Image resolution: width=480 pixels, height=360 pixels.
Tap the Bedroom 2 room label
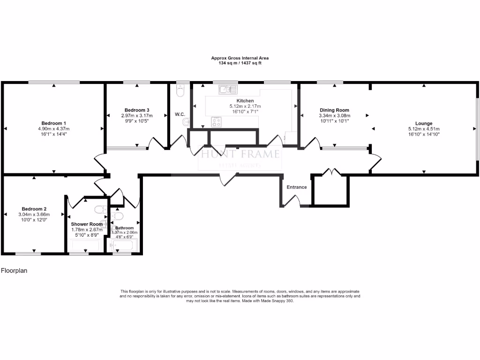click(x=34, y=209)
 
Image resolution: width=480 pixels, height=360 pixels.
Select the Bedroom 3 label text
click(x=137, y=110)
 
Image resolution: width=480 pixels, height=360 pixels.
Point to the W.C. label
click(x=180, y=114)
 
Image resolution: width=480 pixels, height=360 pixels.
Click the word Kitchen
click(x=245, y=101)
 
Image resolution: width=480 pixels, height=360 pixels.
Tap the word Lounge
click(x=423, y=123)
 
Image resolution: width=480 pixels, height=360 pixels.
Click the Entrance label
click(x=296, y=187)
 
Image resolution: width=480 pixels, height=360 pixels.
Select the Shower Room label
click(x=87, y=224)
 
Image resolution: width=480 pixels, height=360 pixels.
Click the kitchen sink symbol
click(x=228, y=89)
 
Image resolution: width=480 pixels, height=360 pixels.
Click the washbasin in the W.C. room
click(x=187, y=123)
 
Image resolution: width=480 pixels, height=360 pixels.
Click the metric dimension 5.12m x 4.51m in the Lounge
click(x=423, y=129)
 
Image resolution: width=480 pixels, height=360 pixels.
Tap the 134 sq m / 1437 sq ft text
click(x=240, y=63)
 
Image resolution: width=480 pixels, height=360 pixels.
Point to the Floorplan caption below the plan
click(x=14, y=270)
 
